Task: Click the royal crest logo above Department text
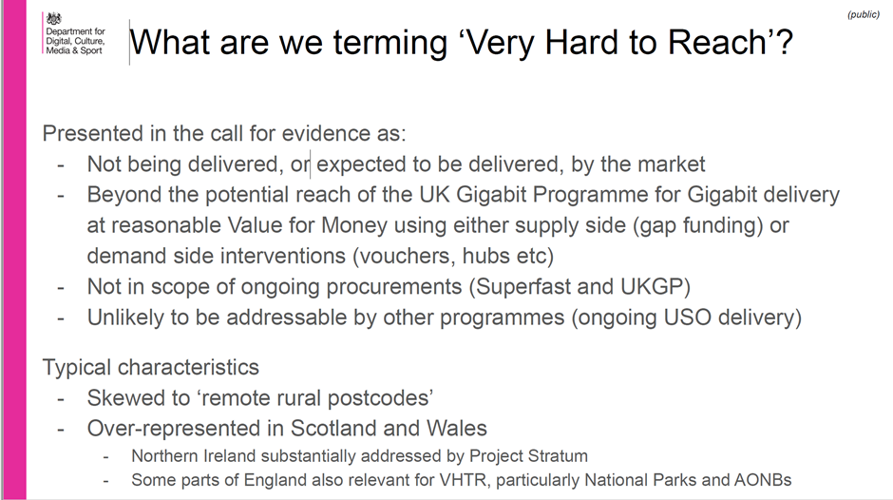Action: point(53,19)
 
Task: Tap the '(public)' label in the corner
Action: point(864,14)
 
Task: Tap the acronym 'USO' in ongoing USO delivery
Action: point(688,317)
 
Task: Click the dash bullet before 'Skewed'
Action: point(61,398)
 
